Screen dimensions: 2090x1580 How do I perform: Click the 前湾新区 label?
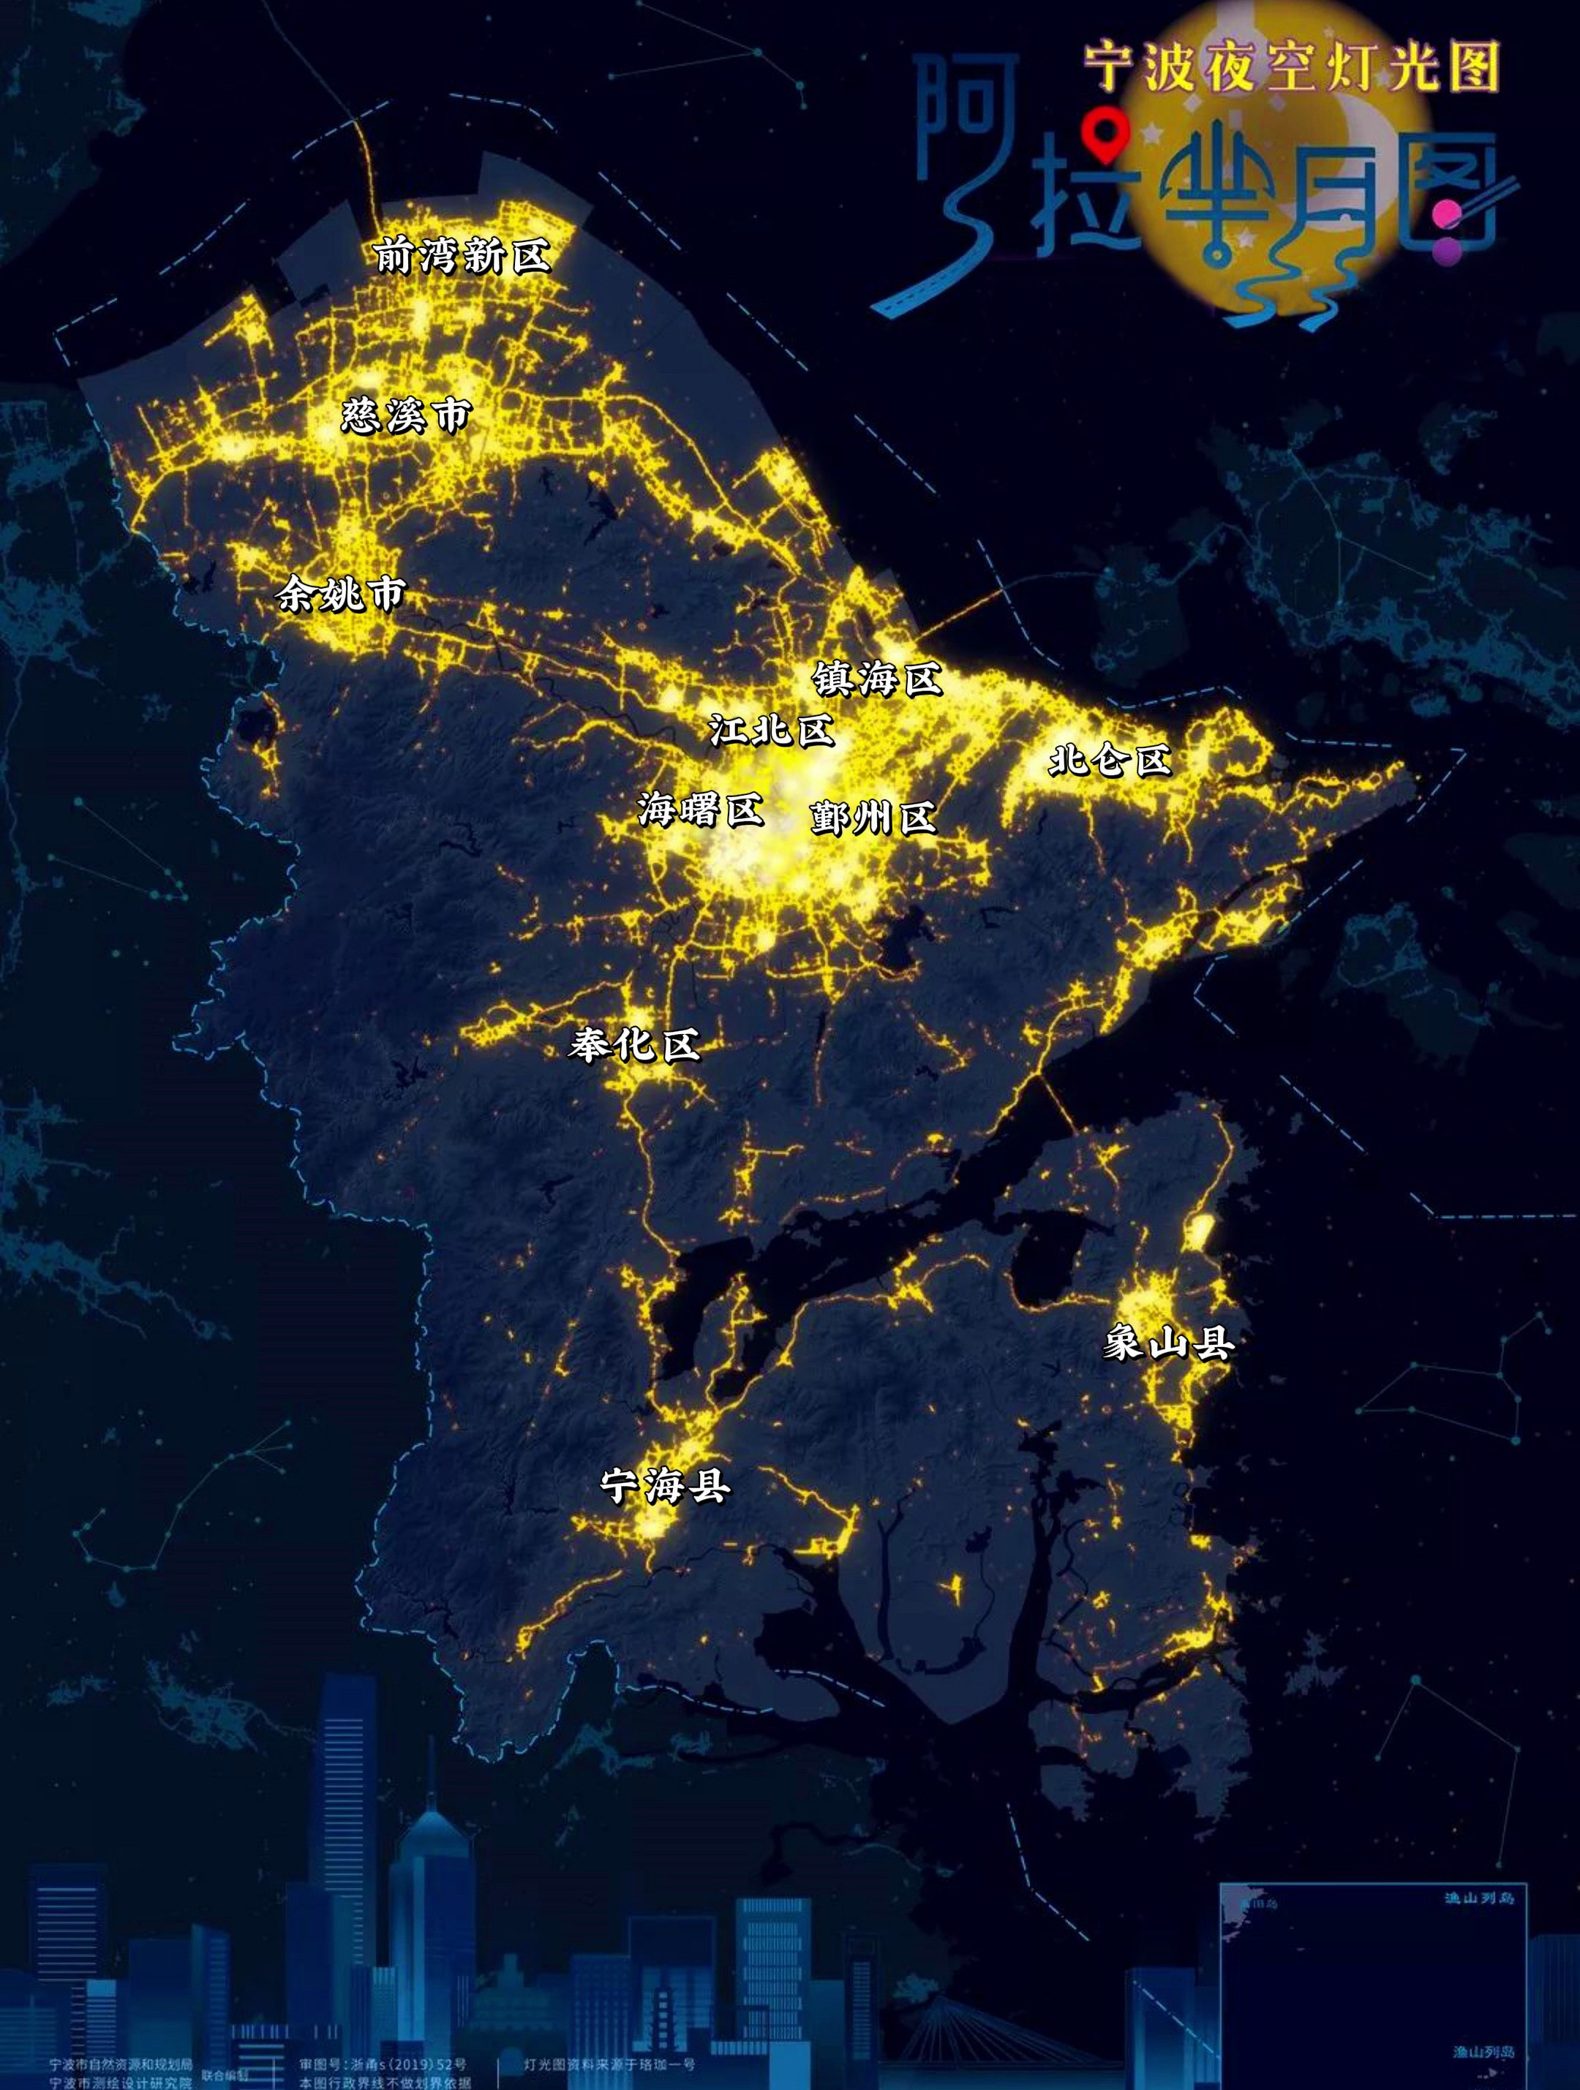[462, 255]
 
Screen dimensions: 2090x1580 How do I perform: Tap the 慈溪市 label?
[405, 415]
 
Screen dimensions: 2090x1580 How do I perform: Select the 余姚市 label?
[340, 595]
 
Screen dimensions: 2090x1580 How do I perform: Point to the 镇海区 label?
[877, 679]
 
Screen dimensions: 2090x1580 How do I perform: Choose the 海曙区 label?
[699, 809]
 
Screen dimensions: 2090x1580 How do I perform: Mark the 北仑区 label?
[1110, 760]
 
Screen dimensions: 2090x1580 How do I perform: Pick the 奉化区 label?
[634, 1045]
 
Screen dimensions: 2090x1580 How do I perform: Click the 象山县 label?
[1169, 1343]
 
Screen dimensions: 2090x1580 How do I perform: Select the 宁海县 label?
[665, 1486]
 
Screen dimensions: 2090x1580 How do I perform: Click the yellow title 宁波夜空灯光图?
[1292, 66]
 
